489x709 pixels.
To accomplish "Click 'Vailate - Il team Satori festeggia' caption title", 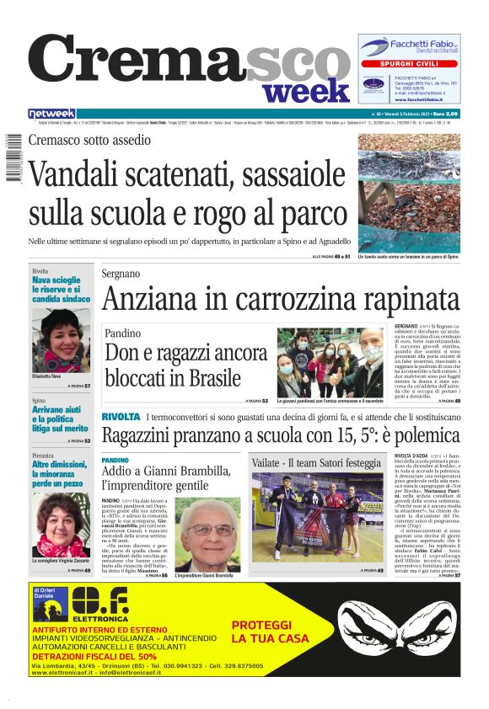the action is tap(316, 463).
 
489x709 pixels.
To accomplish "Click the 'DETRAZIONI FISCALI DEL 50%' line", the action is tap(94, 655).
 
